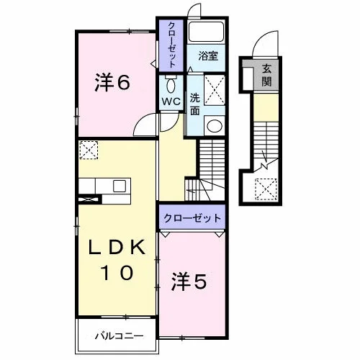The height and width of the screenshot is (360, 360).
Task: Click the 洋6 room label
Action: coord(112,82)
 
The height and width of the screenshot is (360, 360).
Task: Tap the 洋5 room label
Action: coord(189,282)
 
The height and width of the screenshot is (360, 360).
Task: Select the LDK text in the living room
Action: coord(117,247)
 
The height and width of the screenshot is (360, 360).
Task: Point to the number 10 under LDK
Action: coord(117,273)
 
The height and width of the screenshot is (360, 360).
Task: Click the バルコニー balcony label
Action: coord(120,336)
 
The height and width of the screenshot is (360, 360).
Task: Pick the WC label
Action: coord(171,102)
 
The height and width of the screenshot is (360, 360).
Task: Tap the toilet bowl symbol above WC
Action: coord(171,84)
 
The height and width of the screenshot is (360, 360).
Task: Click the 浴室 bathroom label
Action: coord(208,55)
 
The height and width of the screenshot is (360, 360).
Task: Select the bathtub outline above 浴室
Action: coord(206,32)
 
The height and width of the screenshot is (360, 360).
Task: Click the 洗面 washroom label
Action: coord(195,104)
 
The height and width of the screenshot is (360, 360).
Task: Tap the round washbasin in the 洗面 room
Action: coord(215,126)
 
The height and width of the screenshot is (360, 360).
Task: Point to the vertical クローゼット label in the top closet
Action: coord(171,45)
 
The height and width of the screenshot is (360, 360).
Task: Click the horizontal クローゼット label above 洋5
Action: coord(192,218)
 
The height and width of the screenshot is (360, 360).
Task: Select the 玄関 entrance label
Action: coord(266,75)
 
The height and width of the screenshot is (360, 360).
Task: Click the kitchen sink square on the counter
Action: coord(120,186)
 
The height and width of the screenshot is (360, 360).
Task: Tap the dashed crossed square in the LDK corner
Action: coord(89,150)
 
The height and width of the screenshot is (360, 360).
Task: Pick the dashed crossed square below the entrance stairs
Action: coord(266,189)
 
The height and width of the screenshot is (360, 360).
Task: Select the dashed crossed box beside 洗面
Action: coord(215,90)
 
